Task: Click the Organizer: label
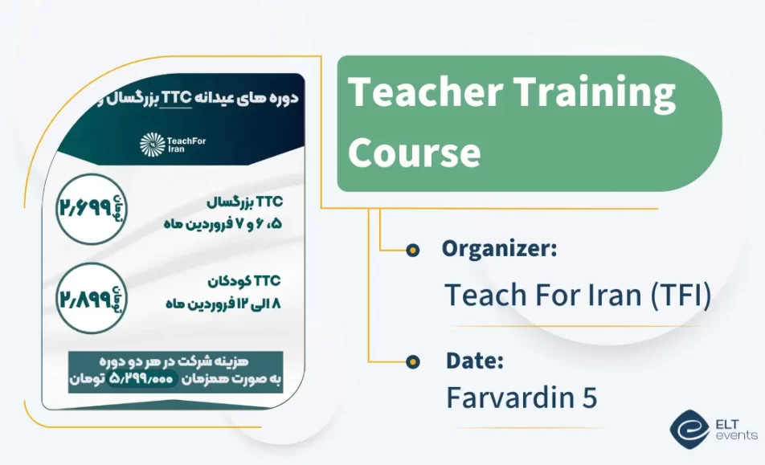tap(499, 249)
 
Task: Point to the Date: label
tap(474, 361)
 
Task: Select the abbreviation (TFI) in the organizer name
tap(678, 295)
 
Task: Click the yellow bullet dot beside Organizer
tap(413, 251)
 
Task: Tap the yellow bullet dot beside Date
tap(413, 361)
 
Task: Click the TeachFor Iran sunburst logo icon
tap(151, 145)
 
